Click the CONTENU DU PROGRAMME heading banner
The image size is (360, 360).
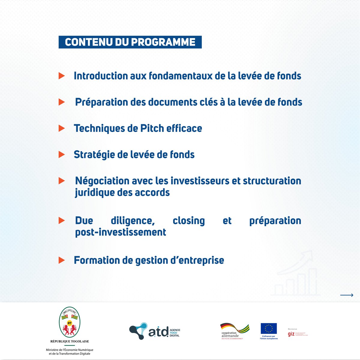point(130,42)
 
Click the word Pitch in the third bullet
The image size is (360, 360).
point(152,128)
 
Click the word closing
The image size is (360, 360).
point(189,220)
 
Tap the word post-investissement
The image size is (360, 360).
point(121,232)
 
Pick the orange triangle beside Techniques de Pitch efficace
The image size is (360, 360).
point(61,128)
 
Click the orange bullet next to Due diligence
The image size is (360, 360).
point(61,220)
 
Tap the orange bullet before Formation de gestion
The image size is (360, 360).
point(61,260)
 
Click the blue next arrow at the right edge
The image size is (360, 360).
point(346,295)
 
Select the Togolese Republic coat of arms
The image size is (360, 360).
point(70,322)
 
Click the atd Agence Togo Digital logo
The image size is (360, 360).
point(154,331)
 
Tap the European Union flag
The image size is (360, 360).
point(268,328)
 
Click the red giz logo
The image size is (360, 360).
point(291,334)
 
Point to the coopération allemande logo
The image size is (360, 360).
point(234,331)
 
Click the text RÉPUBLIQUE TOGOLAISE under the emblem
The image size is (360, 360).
point(70,341)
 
